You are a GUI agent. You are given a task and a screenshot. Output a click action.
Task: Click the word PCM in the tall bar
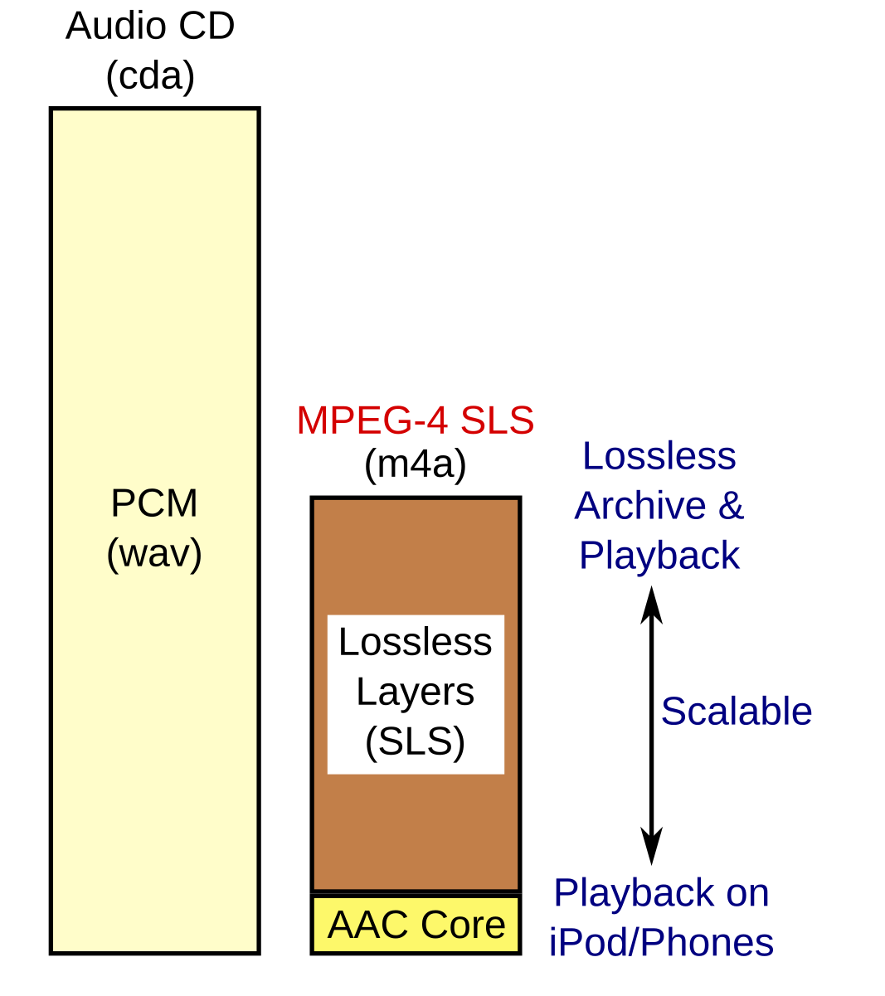coord(154,504)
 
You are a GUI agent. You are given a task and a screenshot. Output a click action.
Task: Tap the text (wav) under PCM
coord(154,554)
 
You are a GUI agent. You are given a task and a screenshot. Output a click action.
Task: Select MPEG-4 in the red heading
coord(372,421)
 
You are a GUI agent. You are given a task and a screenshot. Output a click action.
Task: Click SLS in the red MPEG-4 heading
coord(497,421)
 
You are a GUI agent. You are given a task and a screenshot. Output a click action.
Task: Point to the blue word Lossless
coord(659,456)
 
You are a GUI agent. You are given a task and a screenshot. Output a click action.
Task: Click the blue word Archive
coord(640,506)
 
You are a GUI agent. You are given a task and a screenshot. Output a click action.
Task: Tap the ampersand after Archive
coord(731,506)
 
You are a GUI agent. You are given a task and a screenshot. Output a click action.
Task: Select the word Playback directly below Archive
coord(659,556)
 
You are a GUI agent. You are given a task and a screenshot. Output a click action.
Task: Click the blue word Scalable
coord(737,712)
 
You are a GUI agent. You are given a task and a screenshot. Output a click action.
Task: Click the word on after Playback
coord(747,894)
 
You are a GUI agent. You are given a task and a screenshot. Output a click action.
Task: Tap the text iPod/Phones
coord(661,944)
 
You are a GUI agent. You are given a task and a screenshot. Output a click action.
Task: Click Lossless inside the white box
coord(416,643)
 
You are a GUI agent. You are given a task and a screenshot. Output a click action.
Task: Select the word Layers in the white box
coord(416,692)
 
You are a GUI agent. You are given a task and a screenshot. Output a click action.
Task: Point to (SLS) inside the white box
coord(416,741)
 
